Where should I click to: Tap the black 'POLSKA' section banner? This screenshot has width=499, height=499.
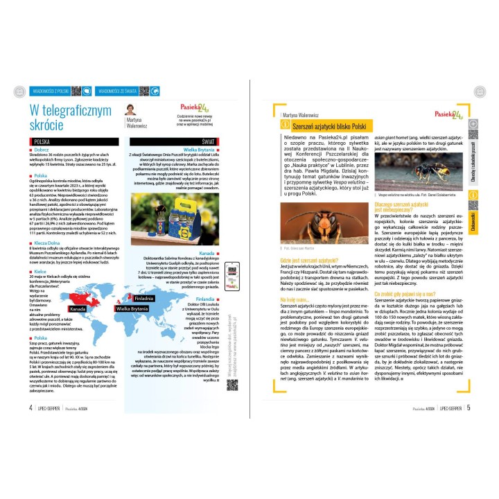click(42, 141)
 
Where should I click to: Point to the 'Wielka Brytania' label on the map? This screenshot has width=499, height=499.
click(131, 306)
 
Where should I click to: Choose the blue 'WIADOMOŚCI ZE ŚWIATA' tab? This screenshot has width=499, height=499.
click(122, 91)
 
